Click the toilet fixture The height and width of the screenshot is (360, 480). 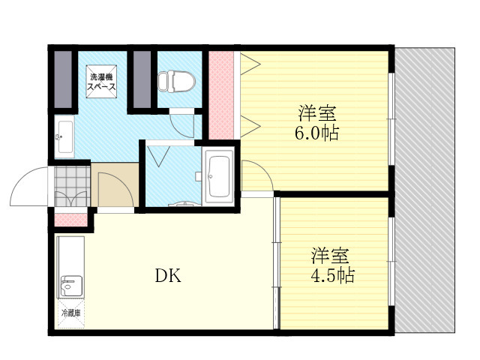pos(177,82)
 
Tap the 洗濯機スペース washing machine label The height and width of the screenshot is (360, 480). pos(102,82)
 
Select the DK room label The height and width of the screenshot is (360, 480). pos(168,275)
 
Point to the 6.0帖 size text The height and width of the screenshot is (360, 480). pos(316,133)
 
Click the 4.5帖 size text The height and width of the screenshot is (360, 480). pos(333,275)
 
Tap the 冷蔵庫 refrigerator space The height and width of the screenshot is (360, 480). pos(71,313)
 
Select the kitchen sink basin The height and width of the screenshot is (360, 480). pos(72,286)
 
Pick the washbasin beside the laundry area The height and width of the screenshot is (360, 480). pos(65,136)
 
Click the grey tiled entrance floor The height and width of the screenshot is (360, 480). pos(72,186)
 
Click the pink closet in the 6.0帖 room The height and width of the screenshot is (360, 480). pos(221,95)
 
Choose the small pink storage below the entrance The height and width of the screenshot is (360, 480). pos(70,220)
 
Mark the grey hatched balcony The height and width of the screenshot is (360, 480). pos(424,190)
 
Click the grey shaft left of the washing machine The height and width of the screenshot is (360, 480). pos(63,79)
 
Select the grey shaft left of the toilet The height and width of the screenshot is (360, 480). pos(142,79)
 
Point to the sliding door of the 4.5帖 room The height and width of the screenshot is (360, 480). pos(277,263)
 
